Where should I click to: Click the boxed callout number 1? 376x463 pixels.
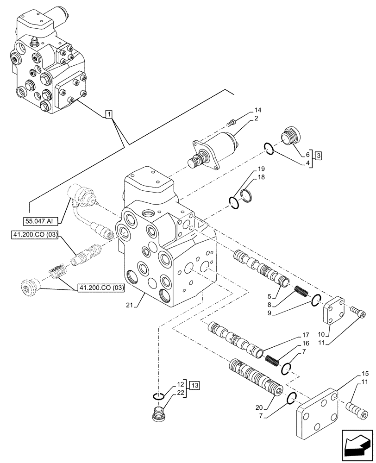coord(108,113)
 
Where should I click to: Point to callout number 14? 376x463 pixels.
coord(258,110)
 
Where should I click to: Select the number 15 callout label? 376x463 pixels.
coord(365,373)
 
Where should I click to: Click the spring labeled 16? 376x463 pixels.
coord(273,359)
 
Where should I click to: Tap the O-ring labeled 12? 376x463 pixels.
coord(158,395)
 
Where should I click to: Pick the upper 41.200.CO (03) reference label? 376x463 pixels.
coord(36,236)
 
